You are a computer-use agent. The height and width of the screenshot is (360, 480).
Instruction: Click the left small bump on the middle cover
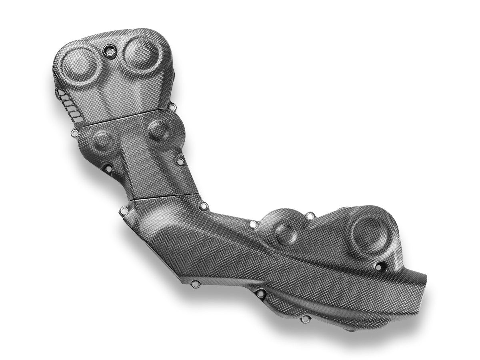(x=100, y=140)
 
